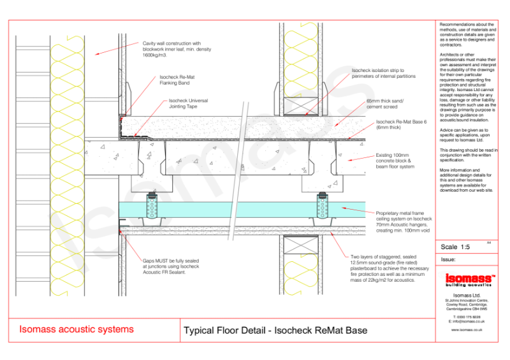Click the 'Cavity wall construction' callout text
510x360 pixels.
tap(176, 49)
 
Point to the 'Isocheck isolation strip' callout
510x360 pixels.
tap(383, 73)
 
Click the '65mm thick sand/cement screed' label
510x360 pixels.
tap(385, 104)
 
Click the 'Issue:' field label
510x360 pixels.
tap(449, 259)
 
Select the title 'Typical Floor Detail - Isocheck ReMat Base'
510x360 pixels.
tap(275, 331)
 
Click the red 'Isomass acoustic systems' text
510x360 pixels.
tap(76, 329)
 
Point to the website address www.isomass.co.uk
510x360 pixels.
tap(467, 330)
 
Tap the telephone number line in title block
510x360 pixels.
tap(467, 316)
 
